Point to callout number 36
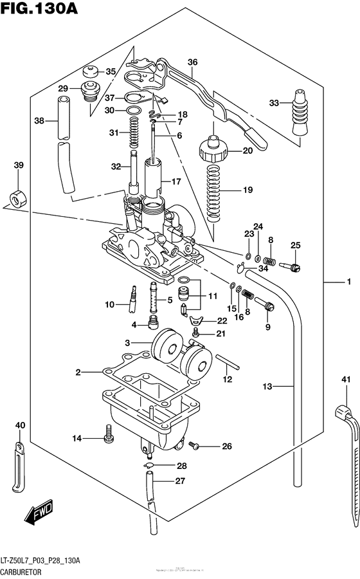click(x=192, y=62)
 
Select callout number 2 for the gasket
click(x=77, y=372)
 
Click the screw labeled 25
click(x=294, y=266)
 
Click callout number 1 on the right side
click(x=348, y=282)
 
